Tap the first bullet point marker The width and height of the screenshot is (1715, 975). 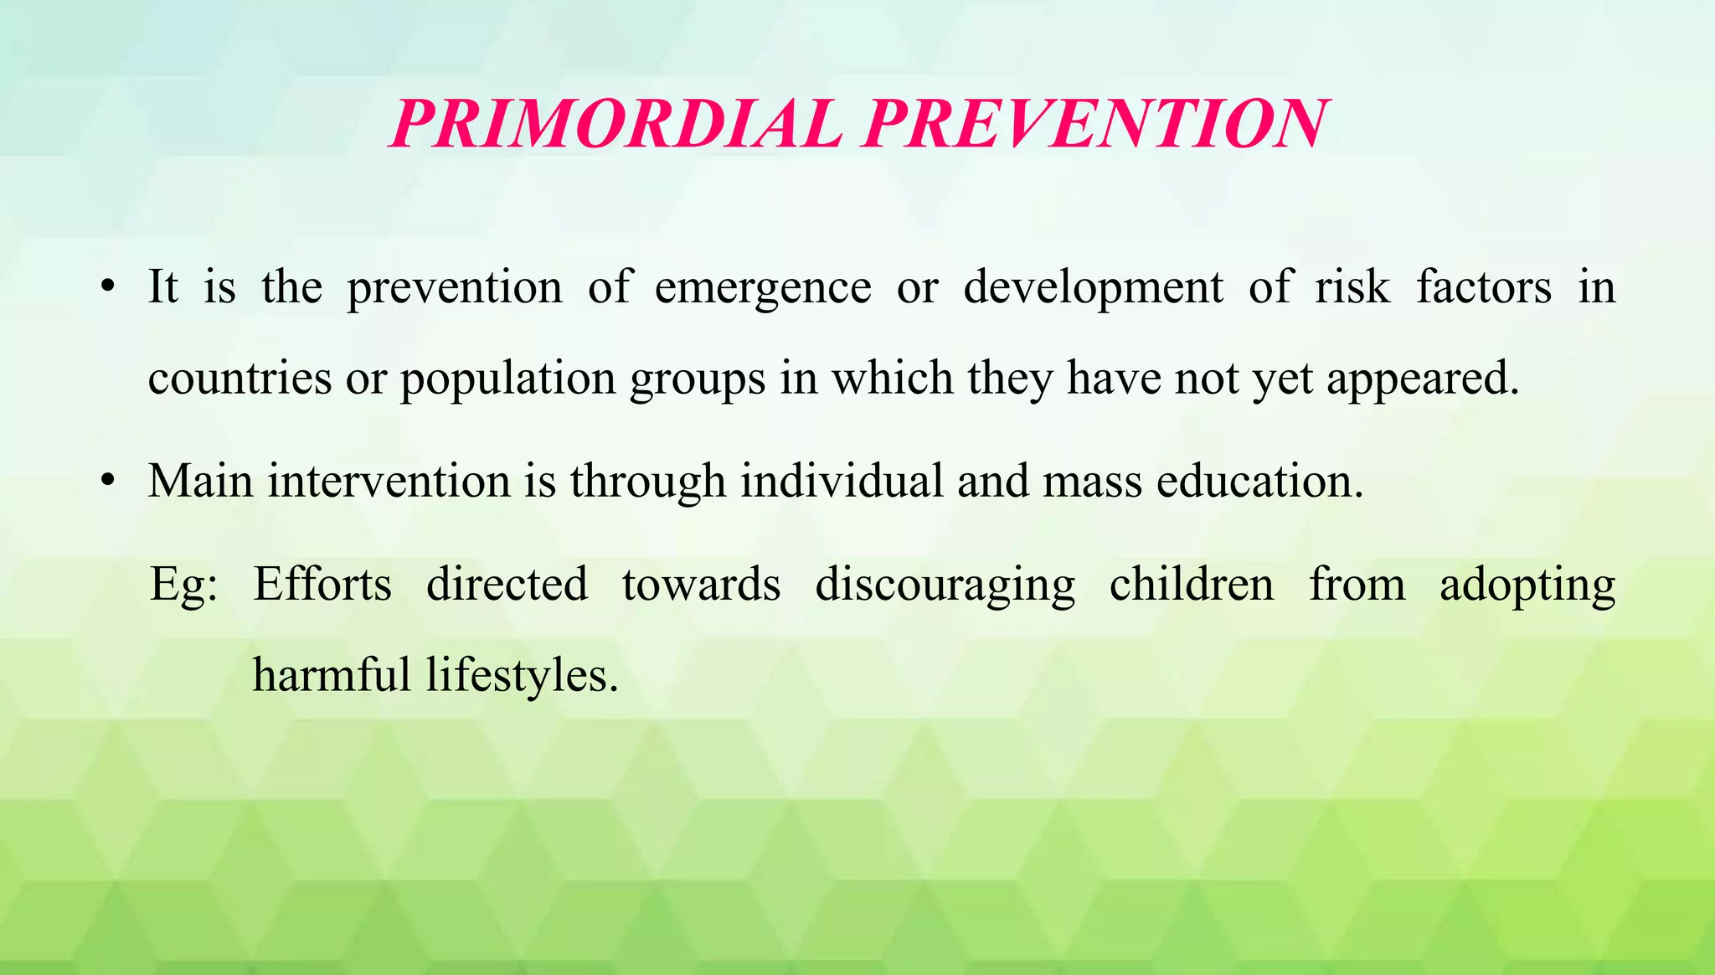click(x=106, y=287)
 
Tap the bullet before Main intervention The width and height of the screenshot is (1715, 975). click(x=106, y=482)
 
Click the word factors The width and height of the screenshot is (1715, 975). click(x=1484, y=287)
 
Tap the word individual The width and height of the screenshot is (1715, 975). click(x=841, y=482)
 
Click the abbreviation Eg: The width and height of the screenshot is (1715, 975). click(x=183, y=586)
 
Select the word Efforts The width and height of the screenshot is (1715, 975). click(x=322, y=584)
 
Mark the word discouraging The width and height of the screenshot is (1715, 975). click(x=945, y=586)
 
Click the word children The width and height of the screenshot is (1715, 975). click(x=1192, y=584)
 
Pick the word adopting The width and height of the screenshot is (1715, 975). click(x=1527, y=586)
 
